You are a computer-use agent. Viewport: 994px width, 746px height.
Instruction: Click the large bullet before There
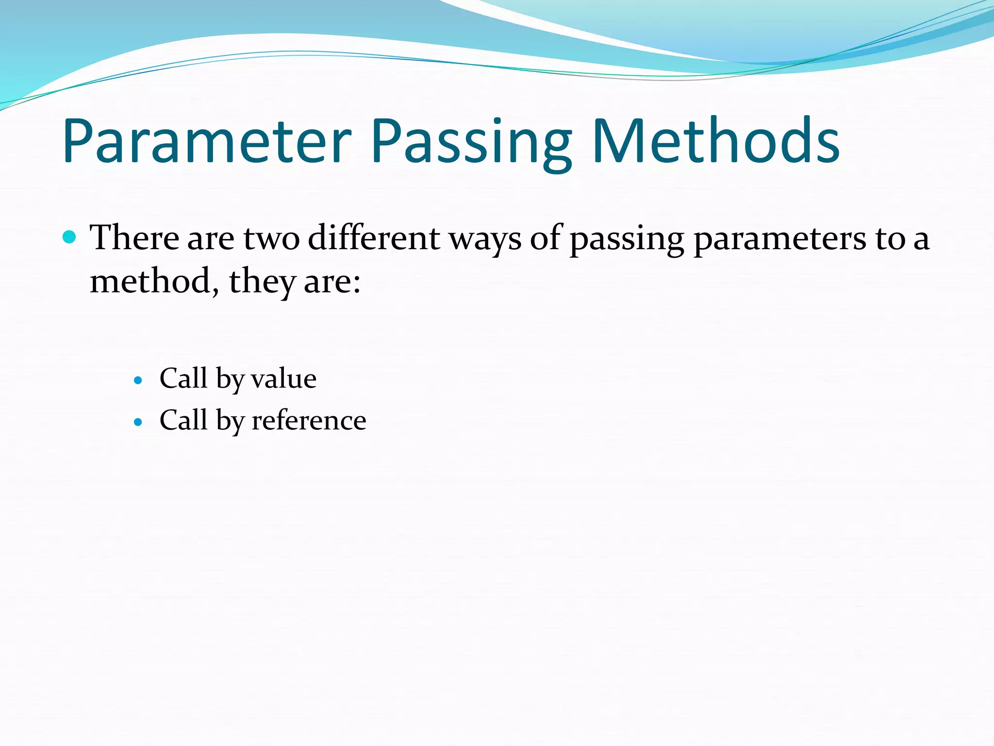(70, 237)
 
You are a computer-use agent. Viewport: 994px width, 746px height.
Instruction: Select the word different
(374, 238)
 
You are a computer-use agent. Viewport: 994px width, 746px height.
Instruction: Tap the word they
(262, 282)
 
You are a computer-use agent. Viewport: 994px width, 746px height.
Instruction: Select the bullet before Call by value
(138, 380)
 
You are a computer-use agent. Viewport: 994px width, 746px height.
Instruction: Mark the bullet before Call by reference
(138, 422)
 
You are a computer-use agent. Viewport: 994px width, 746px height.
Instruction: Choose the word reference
(309, 421)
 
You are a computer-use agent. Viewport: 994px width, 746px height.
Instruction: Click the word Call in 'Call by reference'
(183, 420)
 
